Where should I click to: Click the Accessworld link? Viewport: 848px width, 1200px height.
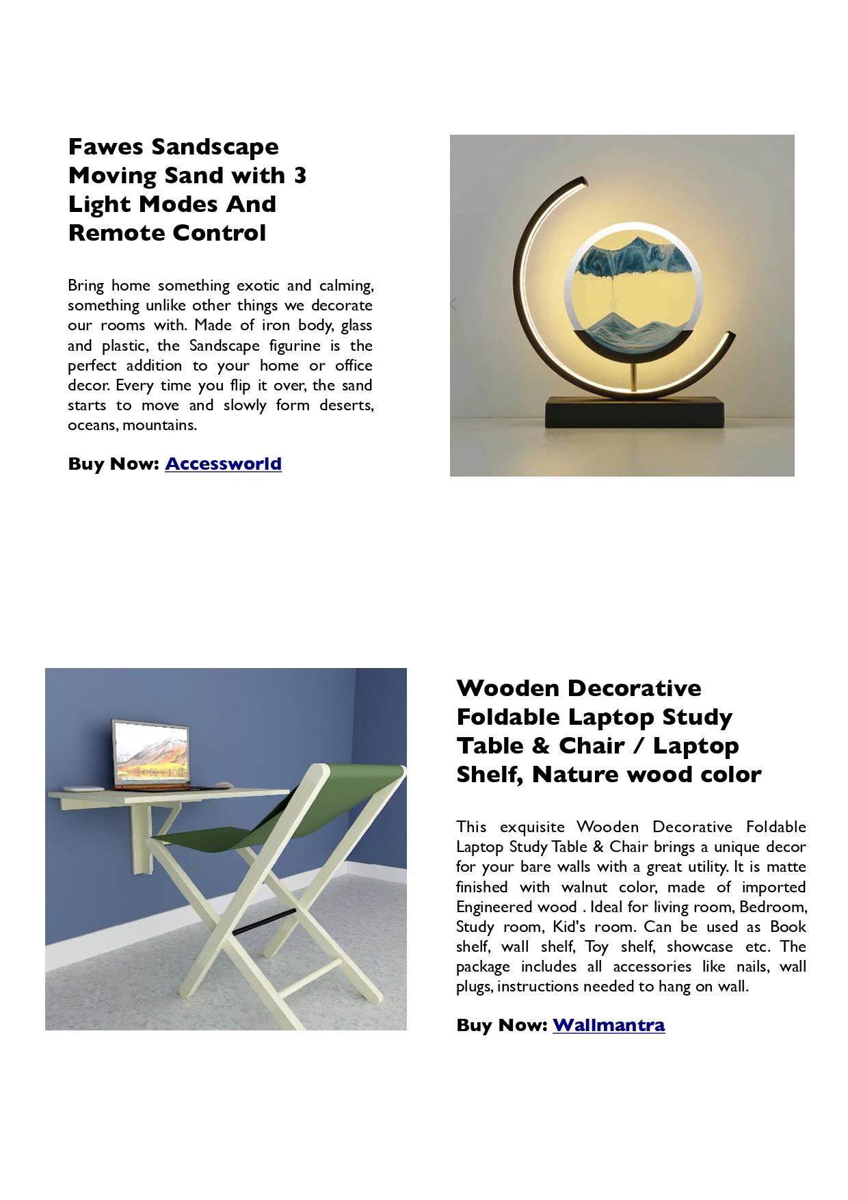point(223,464)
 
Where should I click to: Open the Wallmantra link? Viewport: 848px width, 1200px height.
point(609,1025)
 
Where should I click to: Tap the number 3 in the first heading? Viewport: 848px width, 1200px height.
point(300,176)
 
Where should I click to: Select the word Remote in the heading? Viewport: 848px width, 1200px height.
point(116,233)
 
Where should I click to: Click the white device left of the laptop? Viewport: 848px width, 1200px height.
point(83,787)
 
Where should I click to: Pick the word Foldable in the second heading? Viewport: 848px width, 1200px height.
point(509,717)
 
